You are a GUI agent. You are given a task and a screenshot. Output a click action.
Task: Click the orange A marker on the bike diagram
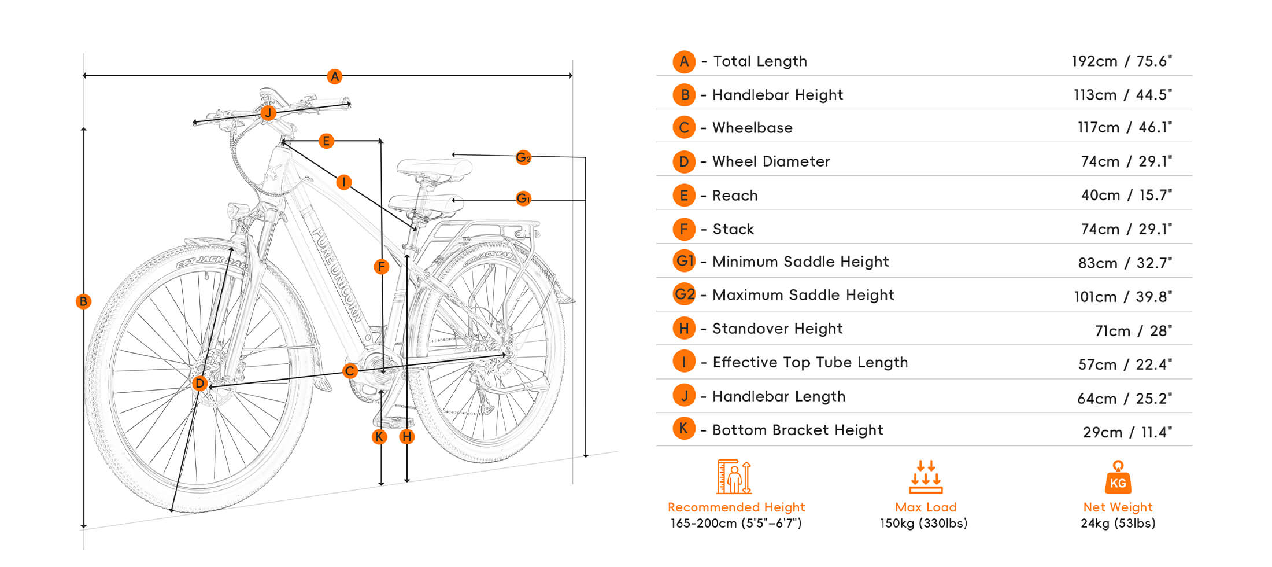point(334,76)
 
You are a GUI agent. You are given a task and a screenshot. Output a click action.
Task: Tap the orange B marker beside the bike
point(83,301)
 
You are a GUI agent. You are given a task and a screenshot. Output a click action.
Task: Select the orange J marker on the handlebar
point(268,113)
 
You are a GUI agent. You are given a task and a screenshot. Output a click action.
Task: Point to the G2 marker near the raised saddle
point(523,157)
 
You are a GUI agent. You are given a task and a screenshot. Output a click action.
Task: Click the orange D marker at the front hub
point(199,383)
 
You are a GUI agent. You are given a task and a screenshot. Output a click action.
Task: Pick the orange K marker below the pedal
point(379,437)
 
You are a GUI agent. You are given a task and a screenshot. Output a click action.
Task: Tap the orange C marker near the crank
point(350,371)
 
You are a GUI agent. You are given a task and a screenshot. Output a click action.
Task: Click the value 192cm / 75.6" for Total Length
point(1121,61)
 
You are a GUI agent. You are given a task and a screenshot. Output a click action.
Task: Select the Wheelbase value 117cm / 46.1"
point(1125,128)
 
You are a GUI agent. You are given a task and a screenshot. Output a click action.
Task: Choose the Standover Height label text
point(777,329)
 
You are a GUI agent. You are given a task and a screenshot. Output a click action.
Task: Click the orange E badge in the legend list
point(684,196)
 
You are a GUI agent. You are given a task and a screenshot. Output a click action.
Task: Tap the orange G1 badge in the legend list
point(685,261)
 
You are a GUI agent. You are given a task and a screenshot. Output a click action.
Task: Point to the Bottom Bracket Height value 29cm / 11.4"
point(1127,432)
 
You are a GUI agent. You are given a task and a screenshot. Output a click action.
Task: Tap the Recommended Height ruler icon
point(734,477)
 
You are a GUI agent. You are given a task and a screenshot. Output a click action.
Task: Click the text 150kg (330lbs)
point(923,524)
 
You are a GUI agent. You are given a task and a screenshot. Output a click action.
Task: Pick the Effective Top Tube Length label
point(809,362)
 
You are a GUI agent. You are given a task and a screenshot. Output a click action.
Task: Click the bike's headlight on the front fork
point(238,211)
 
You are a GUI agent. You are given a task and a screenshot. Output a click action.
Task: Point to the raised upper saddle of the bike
point(434,167)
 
